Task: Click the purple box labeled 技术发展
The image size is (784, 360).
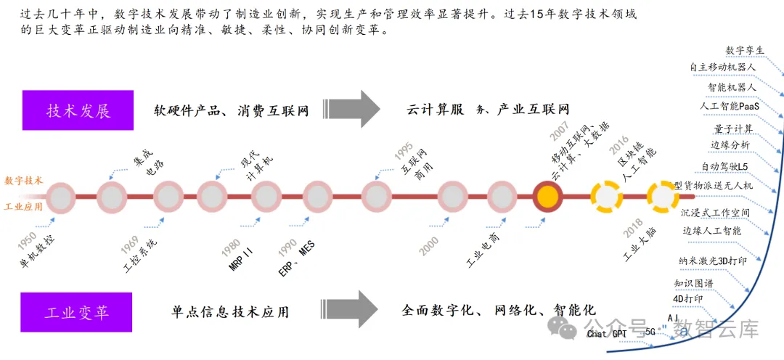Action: pos(78,110)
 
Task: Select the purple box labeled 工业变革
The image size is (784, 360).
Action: pos(77,312)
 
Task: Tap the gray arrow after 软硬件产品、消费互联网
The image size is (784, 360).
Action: pos(359,110)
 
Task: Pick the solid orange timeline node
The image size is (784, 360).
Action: pos(548,196)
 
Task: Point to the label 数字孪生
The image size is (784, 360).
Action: pos(745,51)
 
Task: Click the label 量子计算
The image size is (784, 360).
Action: pos(733,129)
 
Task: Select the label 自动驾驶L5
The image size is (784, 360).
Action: pos(725,166)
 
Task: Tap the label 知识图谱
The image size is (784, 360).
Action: pos(693,283)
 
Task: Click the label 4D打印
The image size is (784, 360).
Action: pos(687,298)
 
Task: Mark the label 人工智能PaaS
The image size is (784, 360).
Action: pos(729,106)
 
